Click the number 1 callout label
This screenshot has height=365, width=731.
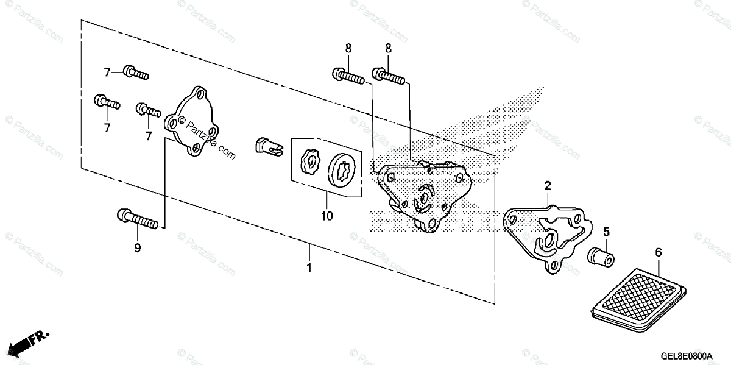309,268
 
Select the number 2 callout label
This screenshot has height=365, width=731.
548,185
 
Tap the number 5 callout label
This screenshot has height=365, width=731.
606,232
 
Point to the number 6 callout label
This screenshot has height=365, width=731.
658,252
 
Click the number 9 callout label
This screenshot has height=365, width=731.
138,247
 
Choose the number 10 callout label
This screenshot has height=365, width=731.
327,216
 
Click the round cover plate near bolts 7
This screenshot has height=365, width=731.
192,122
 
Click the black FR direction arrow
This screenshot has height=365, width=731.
21,342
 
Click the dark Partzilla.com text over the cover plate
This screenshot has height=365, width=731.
211,140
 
